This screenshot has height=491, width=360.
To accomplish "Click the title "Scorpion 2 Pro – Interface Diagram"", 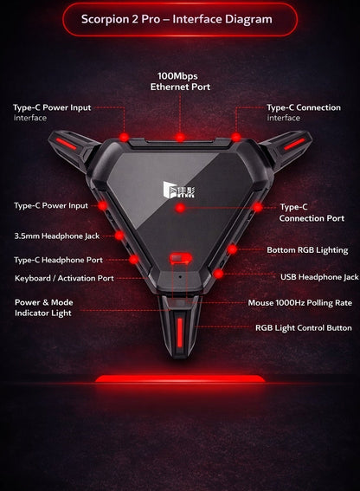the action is pos(177,19).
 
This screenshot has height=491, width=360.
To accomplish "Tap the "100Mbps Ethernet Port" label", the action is pos(180,81).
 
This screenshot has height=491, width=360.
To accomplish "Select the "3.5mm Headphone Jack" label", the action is pos(57,236).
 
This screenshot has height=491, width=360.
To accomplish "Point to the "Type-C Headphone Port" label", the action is pos(58,260).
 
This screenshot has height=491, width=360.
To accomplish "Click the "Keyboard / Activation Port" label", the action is pos(64,278).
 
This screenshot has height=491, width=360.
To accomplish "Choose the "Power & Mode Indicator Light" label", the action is pos(44,307).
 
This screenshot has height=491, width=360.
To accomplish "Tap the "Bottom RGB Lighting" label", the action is pos(307,250).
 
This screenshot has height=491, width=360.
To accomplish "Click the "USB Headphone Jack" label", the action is pos(319,277).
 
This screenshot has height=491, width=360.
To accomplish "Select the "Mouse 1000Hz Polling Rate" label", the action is pos(300,303).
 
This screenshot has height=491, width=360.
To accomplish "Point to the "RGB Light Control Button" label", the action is pos(304,328).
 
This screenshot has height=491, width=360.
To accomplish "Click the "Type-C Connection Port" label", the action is pos(312,213).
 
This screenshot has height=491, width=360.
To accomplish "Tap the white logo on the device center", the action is pos(179,190).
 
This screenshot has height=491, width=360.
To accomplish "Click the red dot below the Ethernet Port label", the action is pos(180,137).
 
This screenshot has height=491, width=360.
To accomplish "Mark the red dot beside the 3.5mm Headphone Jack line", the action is pos(119,236).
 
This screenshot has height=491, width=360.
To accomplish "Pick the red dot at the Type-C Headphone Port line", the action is pos(133,259).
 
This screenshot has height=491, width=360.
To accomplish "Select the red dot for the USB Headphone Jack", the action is pos(218,274).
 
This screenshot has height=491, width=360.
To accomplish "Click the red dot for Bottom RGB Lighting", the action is pos(232,249).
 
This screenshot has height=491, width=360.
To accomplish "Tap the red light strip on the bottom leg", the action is pos(180,333).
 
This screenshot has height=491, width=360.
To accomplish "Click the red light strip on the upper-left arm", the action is pos(66,144).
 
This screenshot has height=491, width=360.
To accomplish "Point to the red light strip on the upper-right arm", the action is pos(294,144).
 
